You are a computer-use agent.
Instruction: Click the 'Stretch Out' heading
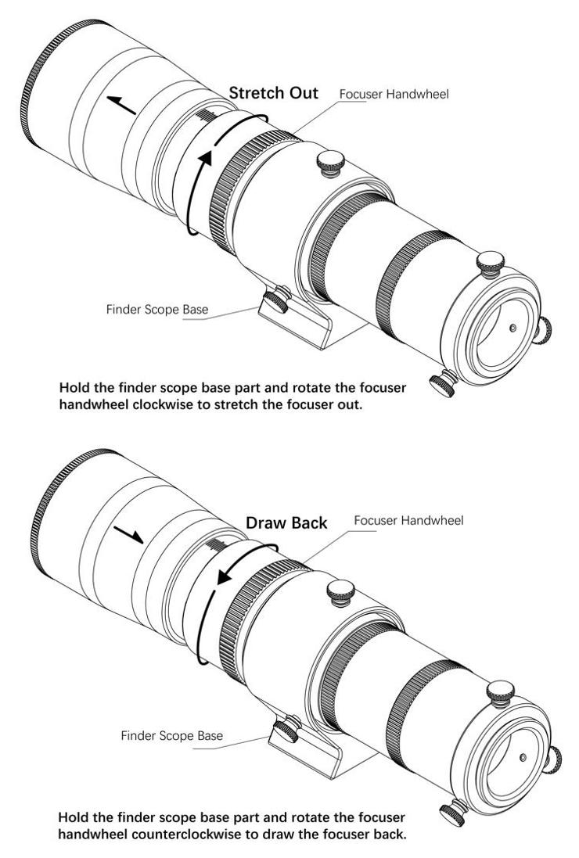click(x=273, y=93)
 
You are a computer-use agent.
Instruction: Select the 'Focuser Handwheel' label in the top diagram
click(x=394, y=95)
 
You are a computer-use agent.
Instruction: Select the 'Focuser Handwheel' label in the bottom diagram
click(x=408, y=520)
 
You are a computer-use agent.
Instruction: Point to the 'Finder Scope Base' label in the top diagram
click(x=156, y=309)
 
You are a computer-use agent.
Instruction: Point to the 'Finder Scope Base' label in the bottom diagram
click(x=171, y=736)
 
